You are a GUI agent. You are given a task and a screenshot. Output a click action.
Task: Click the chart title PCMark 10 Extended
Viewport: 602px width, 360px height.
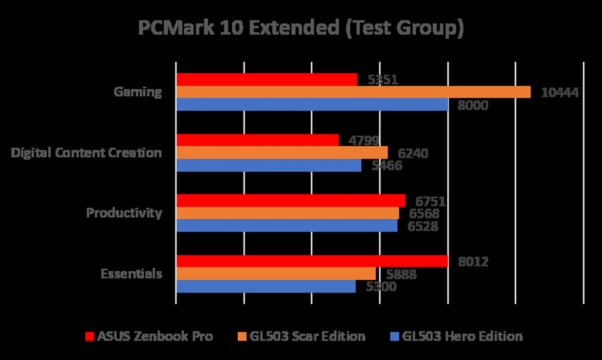pos(301,28)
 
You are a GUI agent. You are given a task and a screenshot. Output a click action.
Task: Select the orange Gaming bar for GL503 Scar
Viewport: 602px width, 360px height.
pos(353,92)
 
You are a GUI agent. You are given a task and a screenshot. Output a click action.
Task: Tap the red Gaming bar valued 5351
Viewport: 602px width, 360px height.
pos(267,80)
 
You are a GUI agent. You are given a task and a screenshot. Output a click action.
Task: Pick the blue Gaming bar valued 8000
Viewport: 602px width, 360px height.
pos(312,105)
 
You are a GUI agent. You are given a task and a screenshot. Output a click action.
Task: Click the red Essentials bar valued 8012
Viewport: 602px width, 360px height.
pos(312,261)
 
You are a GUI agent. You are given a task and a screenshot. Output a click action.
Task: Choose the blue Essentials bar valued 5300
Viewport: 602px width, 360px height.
pos(266,286)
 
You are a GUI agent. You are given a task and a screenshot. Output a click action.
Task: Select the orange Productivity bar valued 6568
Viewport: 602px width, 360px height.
pos(288,213)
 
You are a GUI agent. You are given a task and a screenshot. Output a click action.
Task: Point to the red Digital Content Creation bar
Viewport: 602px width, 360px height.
pos(258,140)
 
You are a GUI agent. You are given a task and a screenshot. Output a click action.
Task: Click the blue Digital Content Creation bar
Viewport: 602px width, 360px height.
pos(269,165)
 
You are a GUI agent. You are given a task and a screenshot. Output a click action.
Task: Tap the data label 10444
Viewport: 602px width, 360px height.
pos(560,92)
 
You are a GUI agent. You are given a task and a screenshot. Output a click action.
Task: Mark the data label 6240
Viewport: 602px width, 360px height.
pos(413,153)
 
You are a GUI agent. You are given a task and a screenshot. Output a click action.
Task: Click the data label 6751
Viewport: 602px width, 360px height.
pos(430,201)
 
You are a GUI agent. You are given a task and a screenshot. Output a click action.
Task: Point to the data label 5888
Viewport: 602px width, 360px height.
pos(401,274)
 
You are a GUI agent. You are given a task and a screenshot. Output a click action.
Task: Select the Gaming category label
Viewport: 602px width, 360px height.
pos(138,92)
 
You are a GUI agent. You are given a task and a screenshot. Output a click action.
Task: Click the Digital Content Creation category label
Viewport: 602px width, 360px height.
pos(86,153)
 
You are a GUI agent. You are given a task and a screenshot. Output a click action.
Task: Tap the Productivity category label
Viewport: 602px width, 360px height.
pos(124,213)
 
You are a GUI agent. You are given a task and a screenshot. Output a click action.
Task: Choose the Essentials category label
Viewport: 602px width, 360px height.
pos(131,274)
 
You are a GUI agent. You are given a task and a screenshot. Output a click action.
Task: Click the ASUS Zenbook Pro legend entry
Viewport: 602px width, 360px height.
pos(149,336)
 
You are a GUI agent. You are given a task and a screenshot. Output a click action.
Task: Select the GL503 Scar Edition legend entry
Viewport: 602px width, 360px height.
pos(302,336)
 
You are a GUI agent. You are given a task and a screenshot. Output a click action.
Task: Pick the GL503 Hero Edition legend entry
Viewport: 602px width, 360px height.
pos(457,336)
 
